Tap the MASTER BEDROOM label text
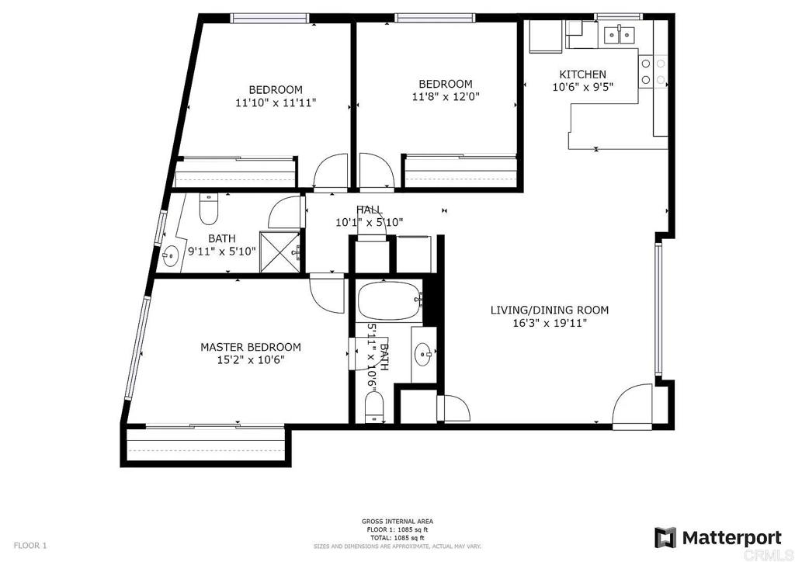250,347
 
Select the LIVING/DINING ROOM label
549,310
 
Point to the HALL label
369,210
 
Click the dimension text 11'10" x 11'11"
276,102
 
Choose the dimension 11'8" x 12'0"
445,96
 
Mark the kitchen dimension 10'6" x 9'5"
582,87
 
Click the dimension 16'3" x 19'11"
549,323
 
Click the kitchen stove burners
652,71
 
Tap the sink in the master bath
424,354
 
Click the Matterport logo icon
665,537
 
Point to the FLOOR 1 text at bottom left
30,546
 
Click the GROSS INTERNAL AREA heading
397,522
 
